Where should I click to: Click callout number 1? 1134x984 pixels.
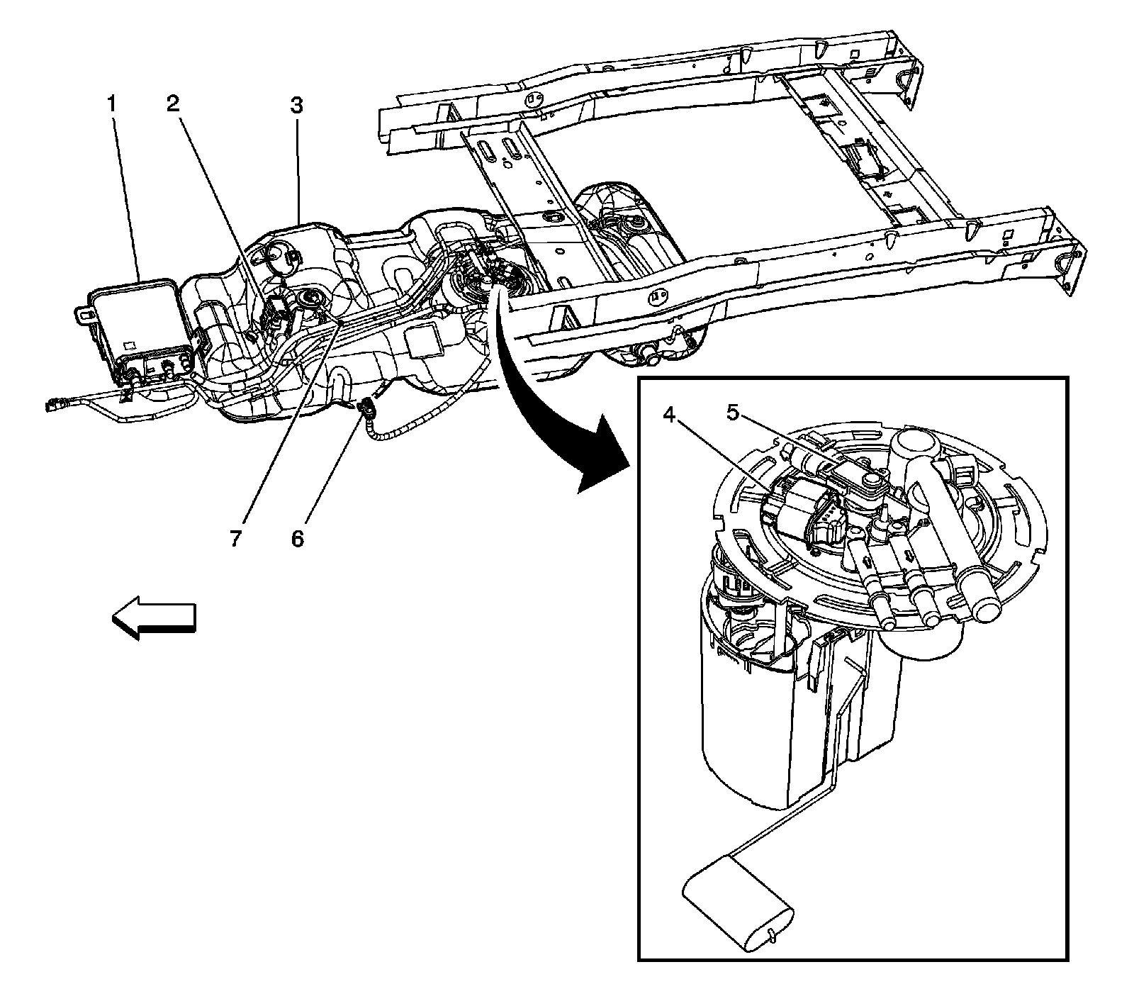point(111,105)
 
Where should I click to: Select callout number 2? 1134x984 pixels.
point(173,105)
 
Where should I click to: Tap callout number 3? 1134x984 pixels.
point(296,106)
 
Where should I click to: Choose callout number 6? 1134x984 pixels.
point(297,539)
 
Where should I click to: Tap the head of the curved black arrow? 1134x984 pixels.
point(599,454)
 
